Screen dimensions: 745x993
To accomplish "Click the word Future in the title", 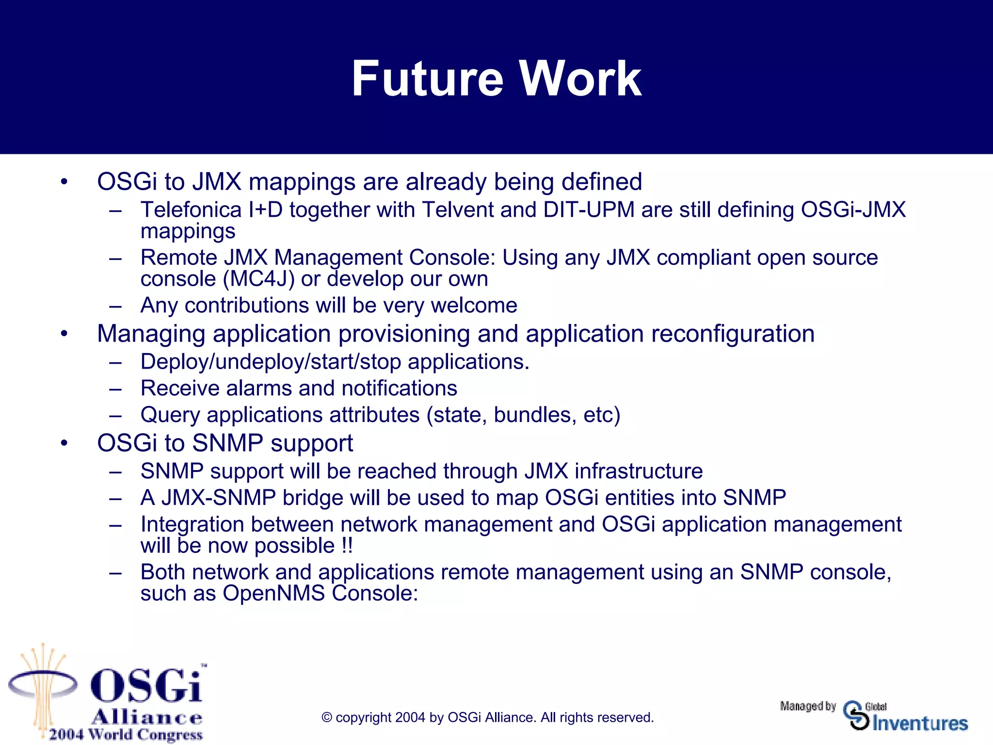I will [427, 79].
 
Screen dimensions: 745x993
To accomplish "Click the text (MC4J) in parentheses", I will [258, 279].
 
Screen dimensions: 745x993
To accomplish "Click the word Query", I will [170, 415].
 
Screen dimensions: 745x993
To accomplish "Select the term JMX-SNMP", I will [219, 498].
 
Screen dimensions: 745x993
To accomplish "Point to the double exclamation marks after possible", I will [347, 546].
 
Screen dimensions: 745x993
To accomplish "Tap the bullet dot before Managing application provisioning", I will [64, 334].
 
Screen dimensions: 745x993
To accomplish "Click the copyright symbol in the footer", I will [327, 718].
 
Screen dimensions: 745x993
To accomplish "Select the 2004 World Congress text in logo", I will [126, 734].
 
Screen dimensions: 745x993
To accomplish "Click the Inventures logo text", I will [920, 723].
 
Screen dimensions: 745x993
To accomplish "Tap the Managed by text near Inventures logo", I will [808, 706].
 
